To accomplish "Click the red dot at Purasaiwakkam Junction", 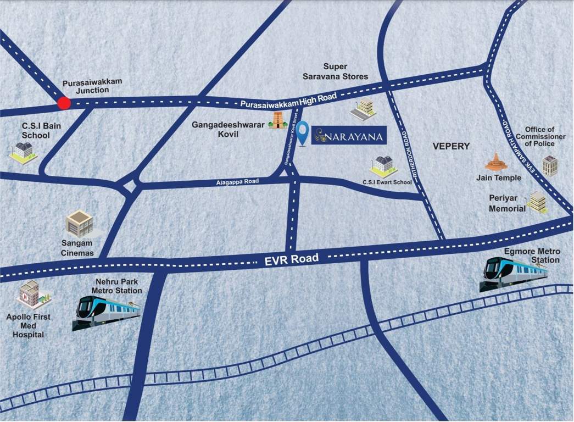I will [x=64, y=103].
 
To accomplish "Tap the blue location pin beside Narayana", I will [x=303, y=134].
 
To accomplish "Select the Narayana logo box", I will [x=349, y=135].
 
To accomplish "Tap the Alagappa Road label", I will [x=237, y=181].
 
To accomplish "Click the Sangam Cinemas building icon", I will [x=80, y=224].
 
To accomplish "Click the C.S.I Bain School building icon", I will [x=23, y=150].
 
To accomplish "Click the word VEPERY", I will [x=451, y=146].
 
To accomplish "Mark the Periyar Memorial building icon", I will [x=537, y=202].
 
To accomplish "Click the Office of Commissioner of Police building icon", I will [x=550, y=165].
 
